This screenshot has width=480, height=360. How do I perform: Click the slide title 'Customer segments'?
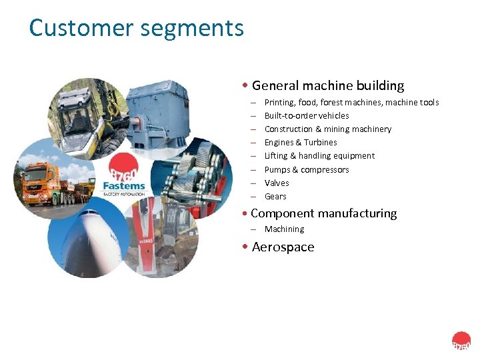pyautogui.click(x=136, y=28)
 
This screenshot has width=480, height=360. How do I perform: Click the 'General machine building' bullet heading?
pyautogui.click(x=327, y=85)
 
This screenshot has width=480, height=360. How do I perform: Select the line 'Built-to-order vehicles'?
pyautogui.click(x=307, y=115)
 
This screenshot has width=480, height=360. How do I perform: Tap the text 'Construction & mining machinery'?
pyautogui.click(x=327, y=129)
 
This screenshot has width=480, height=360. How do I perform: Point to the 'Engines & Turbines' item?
pyautogui.click(x=301, y=142)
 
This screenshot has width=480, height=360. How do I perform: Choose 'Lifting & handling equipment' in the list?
pyautogui.click(x=319, y=155)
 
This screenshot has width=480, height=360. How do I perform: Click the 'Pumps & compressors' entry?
pyautogui.click(x=306, y=169)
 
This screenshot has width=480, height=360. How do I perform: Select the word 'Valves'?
pyautogui.click(x=277, y=183)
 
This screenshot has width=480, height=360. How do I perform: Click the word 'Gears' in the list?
pyautogui.click(x=275, y=196)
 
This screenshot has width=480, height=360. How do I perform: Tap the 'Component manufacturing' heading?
pyautogui.click(x=323, y=213)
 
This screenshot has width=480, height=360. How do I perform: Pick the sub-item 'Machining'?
pyautogui.click(x=284, y=229)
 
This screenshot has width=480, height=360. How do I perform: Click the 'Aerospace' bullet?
pyautogui.click(x=283, y=247)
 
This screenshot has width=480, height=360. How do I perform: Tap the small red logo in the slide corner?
pyautogui.click(x=461, y=341)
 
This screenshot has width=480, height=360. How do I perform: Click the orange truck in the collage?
pyautogui.click(x=43, y=183)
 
